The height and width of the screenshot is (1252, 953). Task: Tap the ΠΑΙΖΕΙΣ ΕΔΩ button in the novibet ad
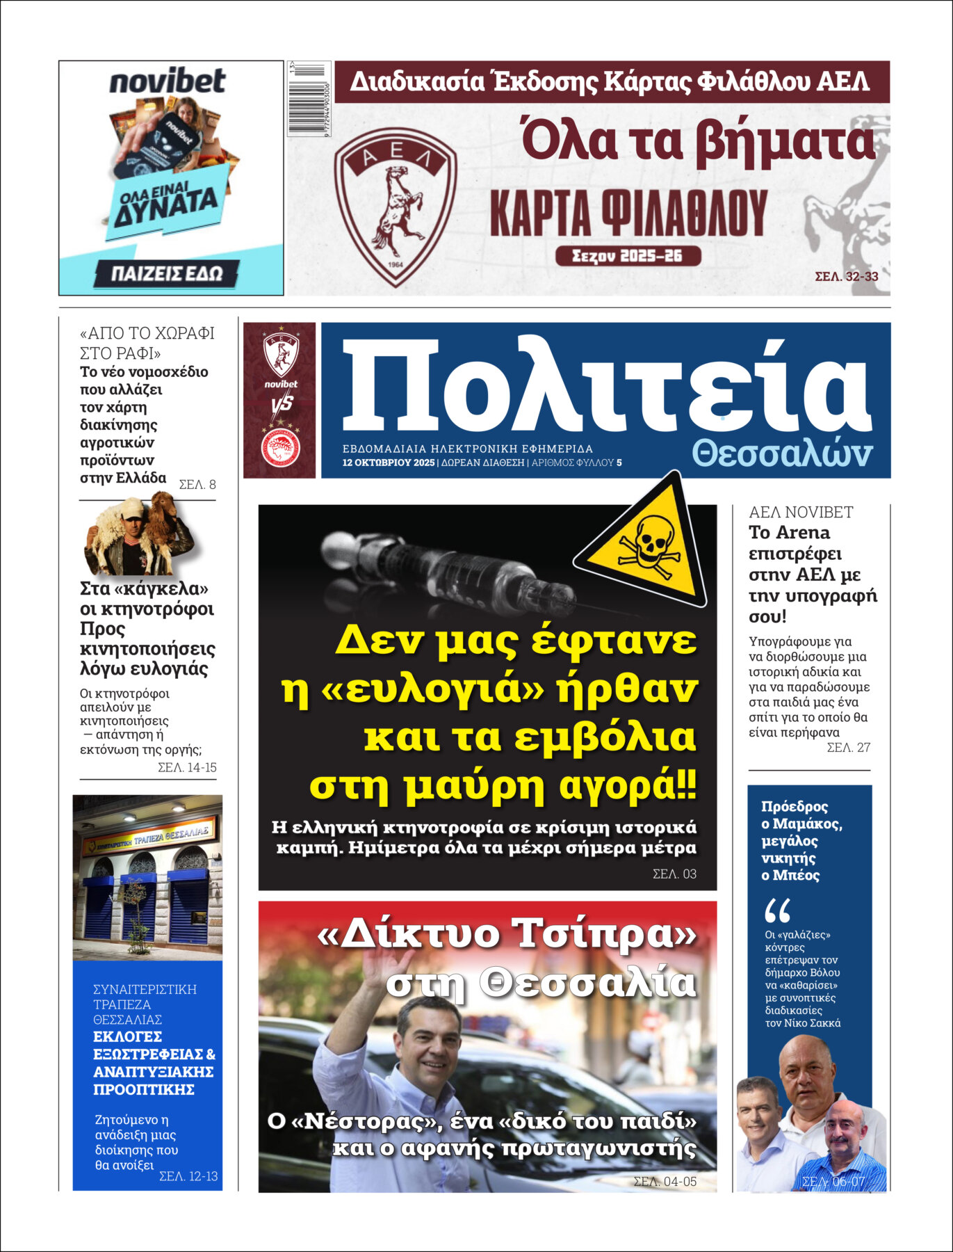click(x=167, y=273)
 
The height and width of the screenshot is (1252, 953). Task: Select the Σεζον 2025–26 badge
click(x=628, y=256)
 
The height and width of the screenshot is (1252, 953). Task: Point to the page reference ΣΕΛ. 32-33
click(x=846, y=276)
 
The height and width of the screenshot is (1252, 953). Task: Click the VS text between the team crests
click(x=281, y=403)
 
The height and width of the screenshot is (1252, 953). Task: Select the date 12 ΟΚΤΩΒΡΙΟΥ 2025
click(x=388, y=463)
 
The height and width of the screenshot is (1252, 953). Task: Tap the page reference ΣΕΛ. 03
click(x=674, y=874)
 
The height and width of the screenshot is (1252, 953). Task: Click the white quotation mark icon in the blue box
click(x=777, y=910)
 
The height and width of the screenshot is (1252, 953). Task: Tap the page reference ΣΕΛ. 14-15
click(x=187, y=768)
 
